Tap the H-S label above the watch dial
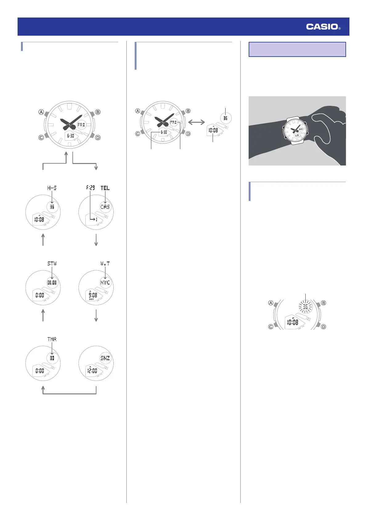52,188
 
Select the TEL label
105,188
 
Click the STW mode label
52,264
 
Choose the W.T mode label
105,264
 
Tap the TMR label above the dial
52,339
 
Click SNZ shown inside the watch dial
105,358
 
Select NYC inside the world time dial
105,283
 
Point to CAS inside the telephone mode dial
105,207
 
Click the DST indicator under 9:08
92,299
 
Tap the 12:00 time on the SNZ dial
92,371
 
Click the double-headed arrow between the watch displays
196,122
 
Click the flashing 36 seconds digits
305,307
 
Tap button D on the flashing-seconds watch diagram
324,327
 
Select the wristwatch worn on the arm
296,130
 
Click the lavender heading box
297,49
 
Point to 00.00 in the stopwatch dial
52,283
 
